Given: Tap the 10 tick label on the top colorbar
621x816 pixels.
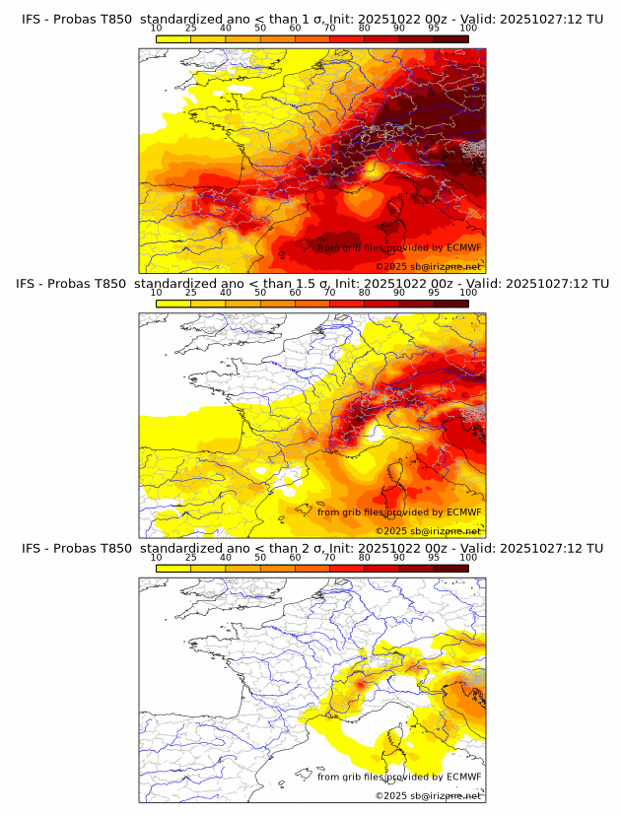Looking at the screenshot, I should (157, 29).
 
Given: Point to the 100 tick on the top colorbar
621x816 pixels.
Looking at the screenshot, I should (468, 29).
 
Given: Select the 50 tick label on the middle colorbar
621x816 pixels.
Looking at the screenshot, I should (260, 293).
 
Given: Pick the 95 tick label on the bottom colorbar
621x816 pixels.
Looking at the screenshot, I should (434, 557).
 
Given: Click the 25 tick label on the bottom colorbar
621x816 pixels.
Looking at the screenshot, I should (191, 557).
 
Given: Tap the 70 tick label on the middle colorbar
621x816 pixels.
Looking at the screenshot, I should (330, 293).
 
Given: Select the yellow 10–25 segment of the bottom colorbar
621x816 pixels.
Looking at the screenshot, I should (173, 567).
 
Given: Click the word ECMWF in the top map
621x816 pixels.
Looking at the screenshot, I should (463, 247).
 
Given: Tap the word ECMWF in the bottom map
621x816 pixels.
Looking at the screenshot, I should (463, 777).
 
